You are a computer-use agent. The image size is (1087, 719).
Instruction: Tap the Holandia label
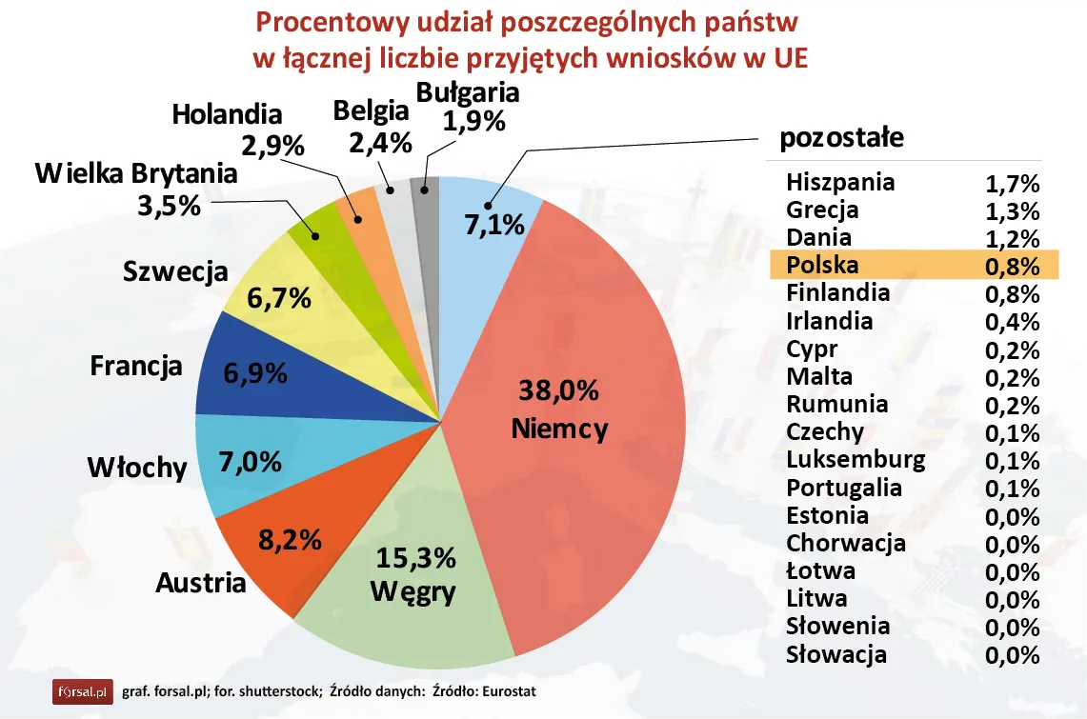228,114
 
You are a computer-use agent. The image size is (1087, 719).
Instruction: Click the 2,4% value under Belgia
380,143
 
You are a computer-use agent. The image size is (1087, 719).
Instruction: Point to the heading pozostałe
841,138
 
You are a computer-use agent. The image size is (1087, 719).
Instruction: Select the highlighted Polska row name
822,264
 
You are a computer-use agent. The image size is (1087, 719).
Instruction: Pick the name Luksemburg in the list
856,460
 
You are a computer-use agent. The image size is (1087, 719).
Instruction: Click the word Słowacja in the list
836,654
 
